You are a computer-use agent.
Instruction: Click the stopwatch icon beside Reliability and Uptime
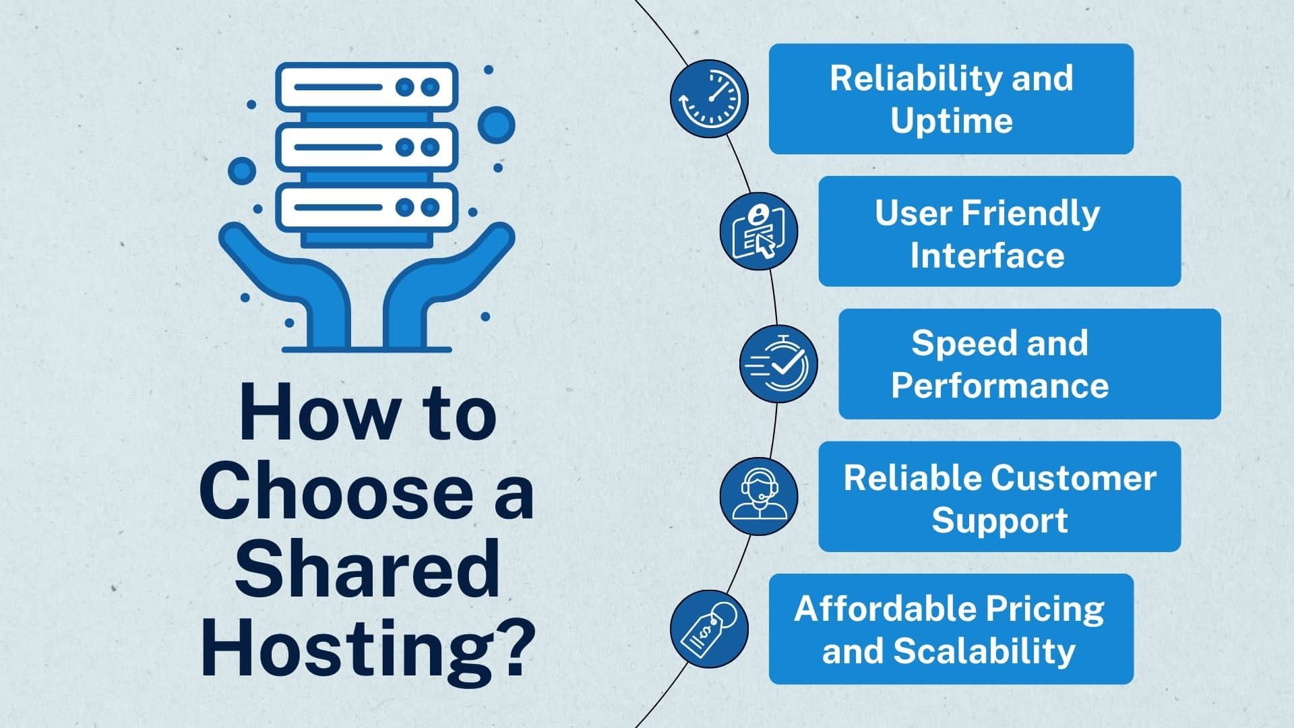point(709,98)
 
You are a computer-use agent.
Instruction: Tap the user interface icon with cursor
point(759,231)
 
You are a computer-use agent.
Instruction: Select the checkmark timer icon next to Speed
point(778,364)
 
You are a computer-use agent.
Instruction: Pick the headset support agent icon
point(759,497)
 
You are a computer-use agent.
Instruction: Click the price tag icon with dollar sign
point(709,630)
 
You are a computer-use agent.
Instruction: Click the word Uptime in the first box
point(952,121)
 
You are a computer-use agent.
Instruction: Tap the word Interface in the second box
point(987,255)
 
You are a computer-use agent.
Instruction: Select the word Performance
point(999,386)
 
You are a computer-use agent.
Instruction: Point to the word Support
point(999,521)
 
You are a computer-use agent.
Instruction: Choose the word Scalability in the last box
point(984,651)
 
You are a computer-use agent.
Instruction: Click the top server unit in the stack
point(367,87)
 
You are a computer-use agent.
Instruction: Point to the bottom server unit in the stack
point(367,206)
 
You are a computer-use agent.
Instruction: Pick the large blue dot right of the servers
point(497,125)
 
